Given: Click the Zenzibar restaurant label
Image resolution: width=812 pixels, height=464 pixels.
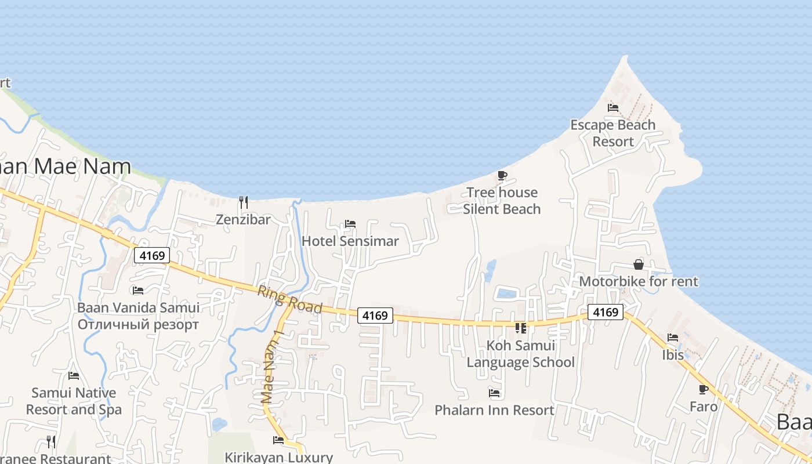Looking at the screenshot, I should pyautogui.click(x=244, y=220).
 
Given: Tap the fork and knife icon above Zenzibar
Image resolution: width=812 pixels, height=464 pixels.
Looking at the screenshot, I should pyautogui.click(x=244, y=202).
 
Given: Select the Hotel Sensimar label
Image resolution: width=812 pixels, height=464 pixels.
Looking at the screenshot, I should pyautogui.click(x=350, y=241).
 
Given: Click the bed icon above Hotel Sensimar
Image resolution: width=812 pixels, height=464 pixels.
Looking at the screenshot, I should pyautogui.click(x=350, y=224).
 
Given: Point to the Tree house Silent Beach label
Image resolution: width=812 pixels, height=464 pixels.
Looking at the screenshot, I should pyautogui.click(x=502, y=201).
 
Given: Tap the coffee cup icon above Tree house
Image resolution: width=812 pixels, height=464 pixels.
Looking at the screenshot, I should pyautogui.click(x=502, y=175).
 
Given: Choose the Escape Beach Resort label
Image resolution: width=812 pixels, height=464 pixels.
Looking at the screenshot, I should pyautogui.click(x=612, y=133).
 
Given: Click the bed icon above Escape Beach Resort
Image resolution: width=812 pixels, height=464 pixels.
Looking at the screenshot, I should pyautogui.click(x=613, y=108).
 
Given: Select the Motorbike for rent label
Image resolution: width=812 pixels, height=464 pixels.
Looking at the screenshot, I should pyautogui.click(x=639, y=281).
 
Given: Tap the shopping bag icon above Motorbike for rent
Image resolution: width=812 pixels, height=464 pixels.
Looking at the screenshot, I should pyautogui.click(x=639, y=264).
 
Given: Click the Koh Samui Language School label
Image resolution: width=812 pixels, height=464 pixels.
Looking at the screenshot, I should pyautogui.click(x=521, y=354).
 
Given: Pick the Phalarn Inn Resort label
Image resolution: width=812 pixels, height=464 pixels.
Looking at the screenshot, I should pyautogui.click(x=495, y=410).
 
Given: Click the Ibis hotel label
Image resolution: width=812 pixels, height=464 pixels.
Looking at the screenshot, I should pyautogui.click(x=673, y=354).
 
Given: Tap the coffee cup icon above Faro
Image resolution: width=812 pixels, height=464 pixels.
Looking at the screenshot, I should pyautogui.click(x=704, y=389).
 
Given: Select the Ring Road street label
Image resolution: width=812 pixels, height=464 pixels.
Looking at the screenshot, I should pyautogui.click(x=290, y=299).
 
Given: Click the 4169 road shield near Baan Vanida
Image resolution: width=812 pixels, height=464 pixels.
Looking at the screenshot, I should pyautogui.click(x=151, y=255).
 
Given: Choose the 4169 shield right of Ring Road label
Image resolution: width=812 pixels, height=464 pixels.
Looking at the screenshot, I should pyautogui.click(x=375, y=316).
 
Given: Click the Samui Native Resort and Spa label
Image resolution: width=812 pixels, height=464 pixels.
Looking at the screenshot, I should pyautogui.click(x=74, y=401).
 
